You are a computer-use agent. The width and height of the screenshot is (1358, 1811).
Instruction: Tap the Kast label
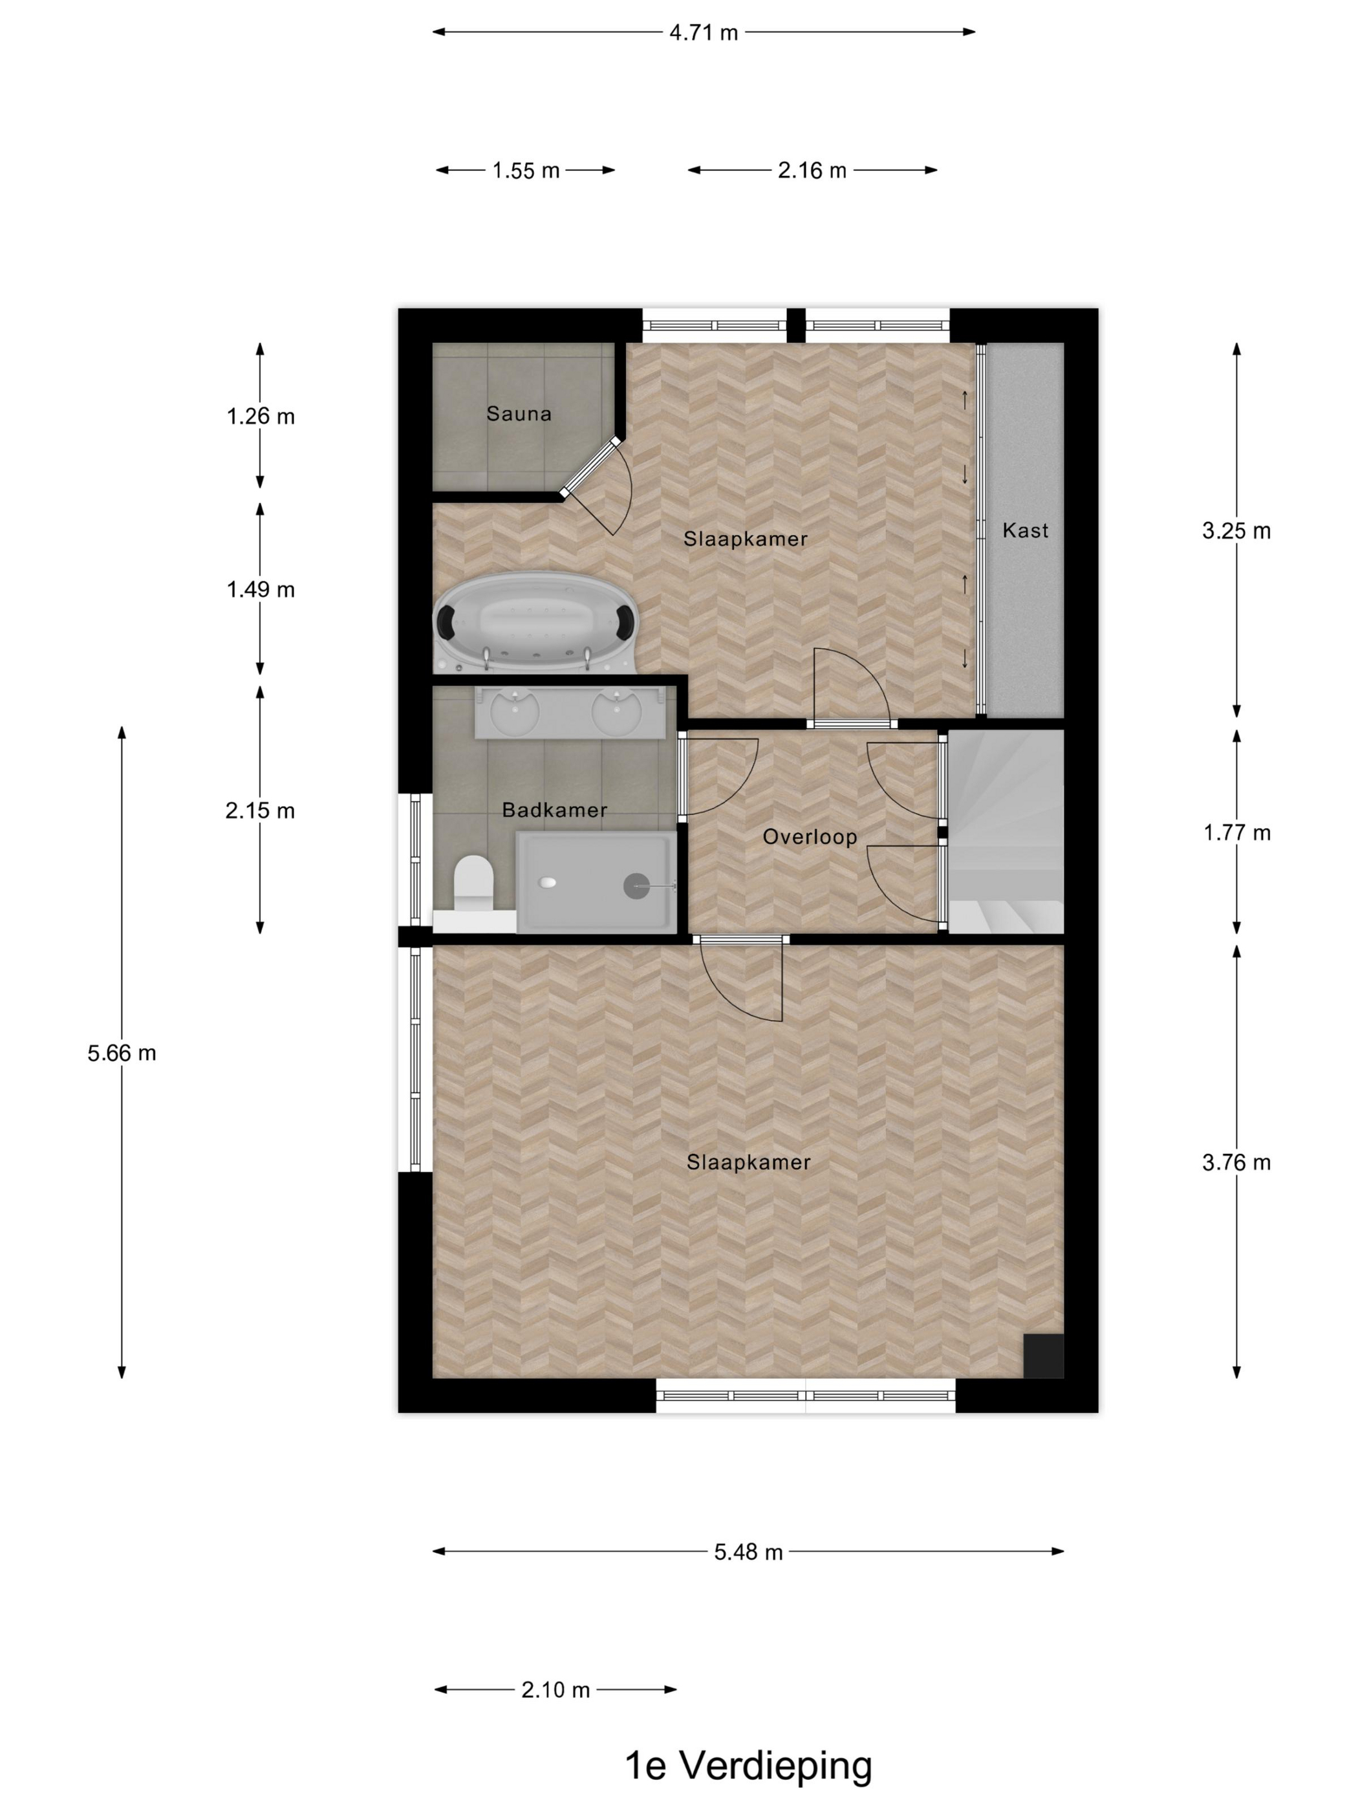tap(1025, 530)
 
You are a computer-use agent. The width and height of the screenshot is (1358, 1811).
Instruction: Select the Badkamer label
tap(554, 810)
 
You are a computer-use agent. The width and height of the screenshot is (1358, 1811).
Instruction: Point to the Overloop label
tap(810, 837)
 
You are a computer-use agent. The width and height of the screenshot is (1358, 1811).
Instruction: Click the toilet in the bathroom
tap(473, 884)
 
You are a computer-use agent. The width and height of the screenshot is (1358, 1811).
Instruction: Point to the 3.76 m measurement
tap(1236, 1162)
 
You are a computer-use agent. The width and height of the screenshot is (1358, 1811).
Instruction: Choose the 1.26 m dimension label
tap(261, 417)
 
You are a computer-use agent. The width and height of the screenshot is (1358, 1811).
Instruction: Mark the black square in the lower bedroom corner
tap(1044, 1356)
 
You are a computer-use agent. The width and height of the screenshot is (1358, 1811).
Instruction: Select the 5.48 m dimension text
tap(748, 1552)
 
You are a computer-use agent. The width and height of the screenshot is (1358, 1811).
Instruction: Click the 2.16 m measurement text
tap(812, 170)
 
